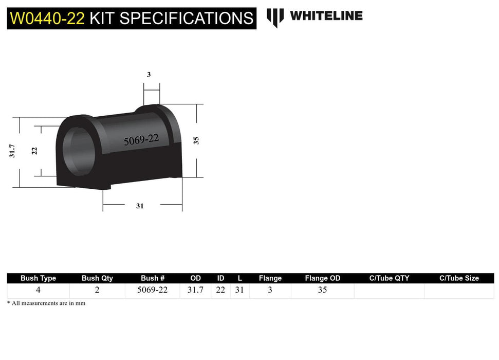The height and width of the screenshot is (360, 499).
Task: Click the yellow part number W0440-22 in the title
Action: [47, 18]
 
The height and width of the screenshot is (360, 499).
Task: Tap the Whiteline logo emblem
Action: [275, 17]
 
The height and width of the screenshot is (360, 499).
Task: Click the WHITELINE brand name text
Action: [326, 16]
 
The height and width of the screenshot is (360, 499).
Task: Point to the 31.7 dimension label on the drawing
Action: [13, 151]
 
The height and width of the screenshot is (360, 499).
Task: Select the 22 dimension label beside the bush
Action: [34, 151]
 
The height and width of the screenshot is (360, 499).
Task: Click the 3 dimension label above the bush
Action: [149, 75]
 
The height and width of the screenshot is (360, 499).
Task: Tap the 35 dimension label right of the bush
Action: [196, 140]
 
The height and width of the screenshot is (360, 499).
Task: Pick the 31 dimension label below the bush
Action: [140, 206]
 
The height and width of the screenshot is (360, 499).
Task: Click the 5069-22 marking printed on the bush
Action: [141, 139]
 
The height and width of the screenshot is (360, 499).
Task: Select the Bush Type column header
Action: [38, 278]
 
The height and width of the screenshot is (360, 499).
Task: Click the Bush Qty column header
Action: [97, 278]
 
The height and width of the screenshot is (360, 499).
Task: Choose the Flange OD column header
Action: [322, 278]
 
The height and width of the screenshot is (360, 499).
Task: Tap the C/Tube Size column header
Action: [459, 278]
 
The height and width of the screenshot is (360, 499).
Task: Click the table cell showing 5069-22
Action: [152, 290]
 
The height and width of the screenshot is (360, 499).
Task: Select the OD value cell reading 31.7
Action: [195, 290]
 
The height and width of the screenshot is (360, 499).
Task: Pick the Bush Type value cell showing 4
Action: [38, 290]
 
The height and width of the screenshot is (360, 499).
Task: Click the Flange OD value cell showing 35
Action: [322, 290]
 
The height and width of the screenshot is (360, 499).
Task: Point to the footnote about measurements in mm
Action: [46, 303]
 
